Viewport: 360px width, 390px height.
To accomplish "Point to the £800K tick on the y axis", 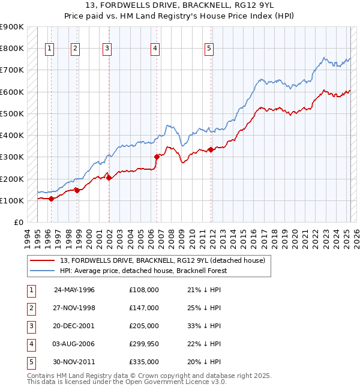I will click(x=12, y=48).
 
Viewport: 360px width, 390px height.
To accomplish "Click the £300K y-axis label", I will click(x=12, y=157).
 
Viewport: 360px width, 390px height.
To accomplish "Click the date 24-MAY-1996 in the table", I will click(x=74, y=290).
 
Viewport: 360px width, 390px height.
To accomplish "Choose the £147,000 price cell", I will click(x=144, y=308).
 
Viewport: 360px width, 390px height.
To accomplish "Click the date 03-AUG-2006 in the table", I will click(x=74, y=344).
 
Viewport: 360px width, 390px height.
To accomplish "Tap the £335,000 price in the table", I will click(x=144, y=362).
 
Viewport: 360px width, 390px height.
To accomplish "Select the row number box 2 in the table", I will click(x=31, y=308).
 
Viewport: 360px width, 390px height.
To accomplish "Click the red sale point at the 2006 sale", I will click(x=156, y=157).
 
